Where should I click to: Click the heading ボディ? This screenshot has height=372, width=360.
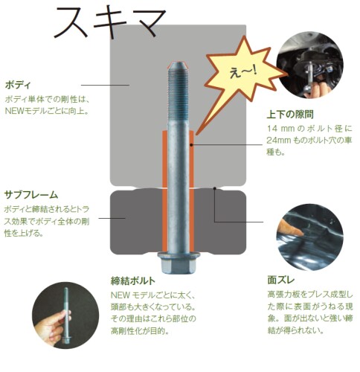18,86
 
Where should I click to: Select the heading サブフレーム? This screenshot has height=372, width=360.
31,195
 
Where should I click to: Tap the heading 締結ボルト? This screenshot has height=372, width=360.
133,281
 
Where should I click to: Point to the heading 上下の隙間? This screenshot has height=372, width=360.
290,115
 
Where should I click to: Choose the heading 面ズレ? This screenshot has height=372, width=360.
281,280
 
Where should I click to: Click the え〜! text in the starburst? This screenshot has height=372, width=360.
243,72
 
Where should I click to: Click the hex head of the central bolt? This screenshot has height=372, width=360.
179,263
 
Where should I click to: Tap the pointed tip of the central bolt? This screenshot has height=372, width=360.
179,62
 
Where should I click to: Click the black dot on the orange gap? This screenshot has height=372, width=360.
191,145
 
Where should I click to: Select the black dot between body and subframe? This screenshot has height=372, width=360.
215,189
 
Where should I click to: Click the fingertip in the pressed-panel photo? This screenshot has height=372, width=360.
300,233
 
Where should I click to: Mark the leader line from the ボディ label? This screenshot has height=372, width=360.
105,86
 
